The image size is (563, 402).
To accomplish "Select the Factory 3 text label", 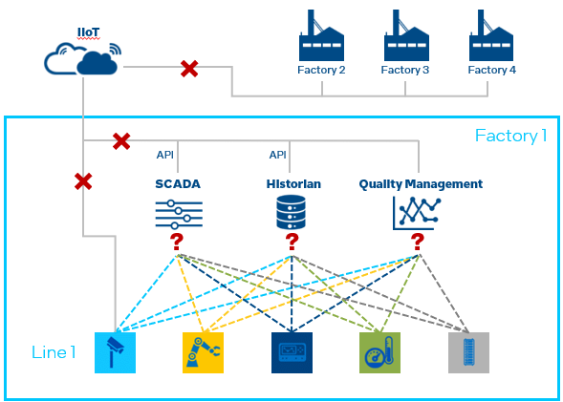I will (405, 71).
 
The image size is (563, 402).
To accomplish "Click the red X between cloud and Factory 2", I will (189, 68).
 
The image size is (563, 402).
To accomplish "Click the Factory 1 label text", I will (510, 136).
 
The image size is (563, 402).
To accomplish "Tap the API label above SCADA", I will (165, 155).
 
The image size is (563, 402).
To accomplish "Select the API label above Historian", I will (278, 155).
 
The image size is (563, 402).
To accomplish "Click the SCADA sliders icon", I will (178, 213).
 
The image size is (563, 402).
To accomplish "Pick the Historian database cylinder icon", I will (290, 212).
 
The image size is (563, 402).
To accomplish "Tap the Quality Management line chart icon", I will (419, 213).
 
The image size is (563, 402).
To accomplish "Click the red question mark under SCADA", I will (178, 243).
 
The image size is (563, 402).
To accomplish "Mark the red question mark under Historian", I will (292, 243).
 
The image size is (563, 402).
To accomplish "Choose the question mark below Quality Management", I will (418, 243).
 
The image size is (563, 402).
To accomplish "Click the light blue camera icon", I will (115, 352).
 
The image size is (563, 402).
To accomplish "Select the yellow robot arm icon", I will (203, 352).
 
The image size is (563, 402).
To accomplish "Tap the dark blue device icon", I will (291, 352).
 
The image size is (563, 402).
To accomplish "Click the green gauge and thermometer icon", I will (379, 352).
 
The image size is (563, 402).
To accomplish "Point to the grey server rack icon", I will (468, 352).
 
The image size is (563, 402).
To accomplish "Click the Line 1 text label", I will (53, 352).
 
